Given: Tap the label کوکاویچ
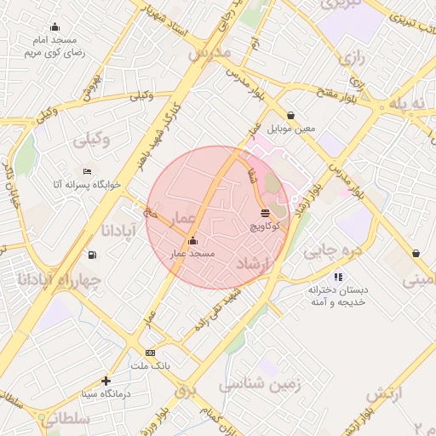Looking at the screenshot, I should point(266,228).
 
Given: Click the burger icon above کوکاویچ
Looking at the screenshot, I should point(266,212).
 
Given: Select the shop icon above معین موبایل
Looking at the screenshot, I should point(292,115).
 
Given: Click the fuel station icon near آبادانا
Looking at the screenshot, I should point(92,255).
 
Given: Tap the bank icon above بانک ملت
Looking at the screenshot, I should point(151,353).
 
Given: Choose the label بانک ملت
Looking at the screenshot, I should point(151,365).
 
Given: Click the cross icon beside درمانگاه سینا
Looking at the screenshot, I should point(106,381).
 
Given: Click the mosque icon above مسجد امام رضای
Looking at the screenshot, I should point(55,27).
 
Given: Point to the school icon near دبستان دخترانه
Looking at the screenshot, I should point(338,277).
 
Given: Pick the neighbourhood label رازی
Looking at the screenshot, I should point(351,60).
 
